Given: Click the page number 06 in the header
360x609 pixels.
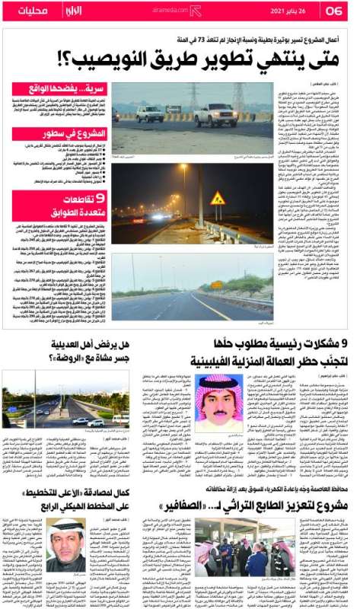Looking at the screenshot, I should (x=336, y=11).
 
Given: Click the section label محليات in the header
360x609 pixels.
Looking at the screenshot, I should (x=31, y=11).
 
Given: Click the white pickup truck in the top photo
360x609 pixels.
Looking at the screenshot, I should (x=215, y=114).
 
